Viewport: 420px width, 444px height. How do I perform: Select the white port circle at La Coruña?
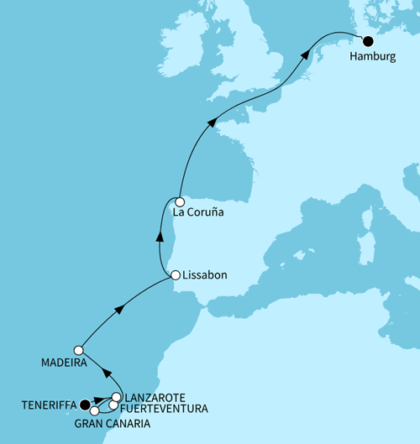[x=179, y=201]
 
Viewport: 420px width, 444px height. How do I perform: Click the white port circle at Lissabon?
[x=175, y=275]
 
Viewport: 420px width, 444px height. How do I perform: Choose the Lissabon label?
[x=207, y=275]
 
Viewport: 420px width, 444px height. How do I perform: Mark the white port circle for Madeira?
[x=78, y=350]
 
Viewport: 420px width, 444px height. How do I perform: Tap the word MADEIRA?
[x=65, y=365]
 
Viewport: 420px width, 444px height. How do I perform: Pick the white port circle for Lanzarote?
[x=116, y=397]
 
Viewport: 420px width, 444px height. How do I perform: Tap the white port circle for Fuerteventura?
[x=113, y=406]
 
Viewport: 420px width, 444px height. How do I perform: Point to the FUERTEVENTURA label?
[x=163, y=409]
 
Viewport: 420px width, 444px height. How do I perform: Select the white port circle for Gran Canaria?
[x=95, y=410]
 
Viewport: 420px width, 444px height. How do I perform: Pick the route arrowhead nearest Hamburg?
[x=304, y=56]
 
